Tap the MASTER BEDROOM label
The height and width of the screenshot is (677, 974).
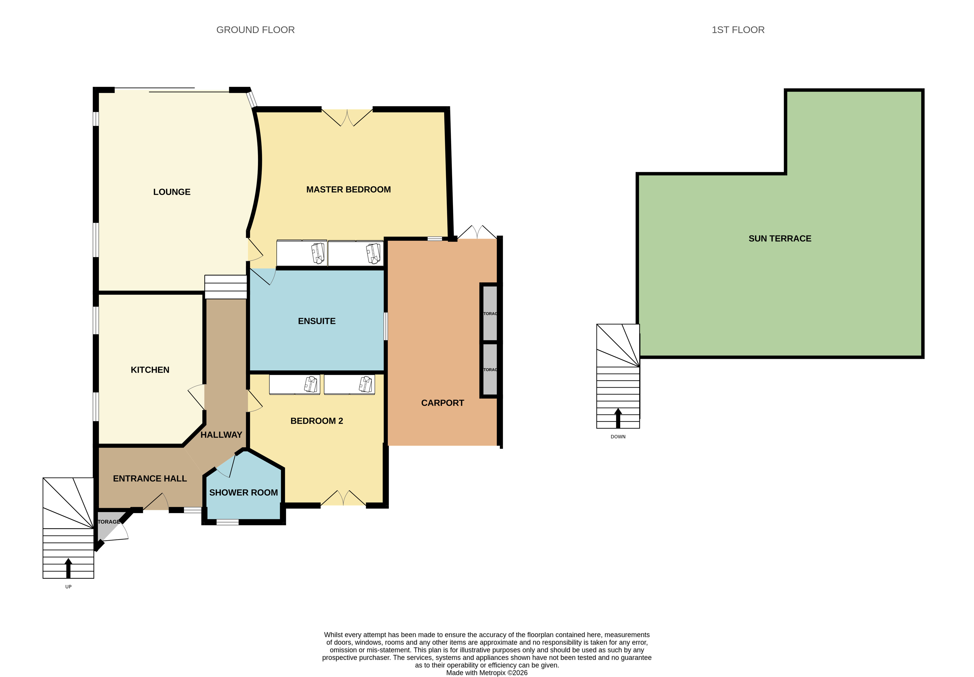coord(348,190)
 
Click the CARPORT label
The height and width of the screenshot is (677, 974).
coord(442,403)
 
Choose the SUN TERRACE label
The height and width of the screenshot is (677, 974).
coord(779,239)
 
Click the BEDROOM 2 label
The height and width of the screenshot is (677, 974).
coord(316,421)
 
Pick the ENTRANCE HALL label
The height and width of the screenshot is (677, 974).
coord(150,478)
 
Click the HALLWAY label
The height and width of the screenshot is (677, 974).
coord(221,435)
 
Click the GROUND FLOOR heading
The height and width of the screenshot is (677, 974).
coord(256,30)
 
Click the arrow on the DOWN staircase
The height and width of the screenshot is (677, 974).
coord(618,418)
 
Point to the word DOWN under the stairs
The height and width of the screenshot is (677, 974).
coord(618,437)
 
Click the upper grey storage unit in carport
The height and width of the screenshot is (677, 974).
coord(490,313)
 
